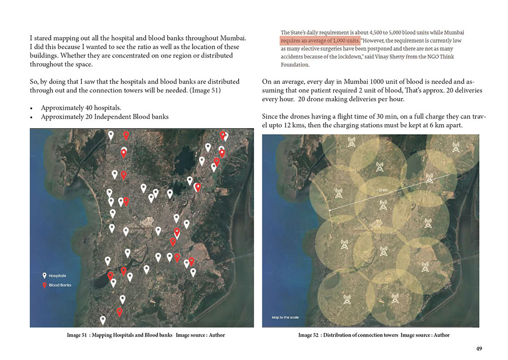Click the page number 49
(479, 349)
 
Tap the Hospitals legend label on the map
(57, 276)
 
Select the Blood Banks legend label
(60, 285)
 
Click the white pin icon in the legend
(44, 276)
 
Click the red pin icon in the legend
(44, 285)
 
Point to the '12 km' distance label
(382, 190)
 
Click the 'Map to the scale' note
(285, 318)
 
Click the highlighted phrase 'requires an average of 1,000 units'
(320, 41)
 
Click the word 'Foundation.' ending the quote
(295, 65)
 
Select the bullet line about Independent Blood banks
(105, 116)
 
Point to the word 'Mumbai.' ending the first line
(233, 38)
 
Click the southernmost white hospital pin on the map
(103, 320)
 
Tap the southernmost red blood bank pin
(120, 312)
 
